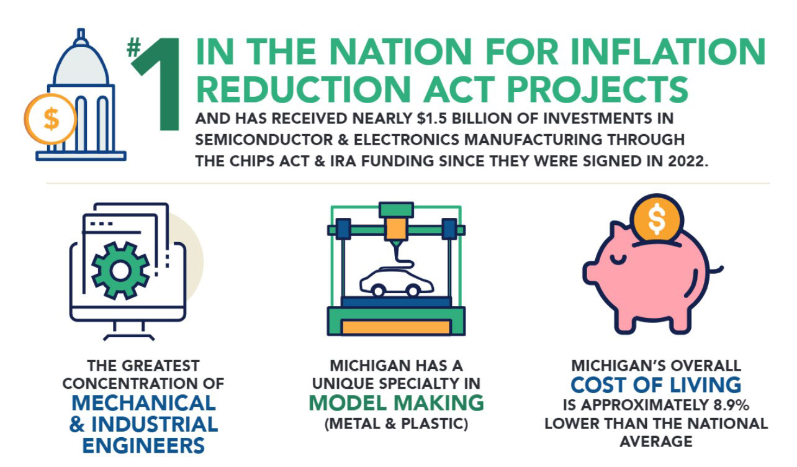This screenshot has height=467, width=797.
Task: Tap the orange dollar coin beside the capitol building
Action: [x=50, y=119]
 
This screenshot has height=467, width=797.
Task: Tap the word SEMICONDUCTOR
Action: [x=264, y=140]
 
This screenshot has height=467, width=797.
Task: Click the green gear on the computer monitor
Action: [x=120, y=271]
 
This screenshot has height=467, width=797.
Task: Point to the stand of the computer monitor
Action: [x=129, y=330]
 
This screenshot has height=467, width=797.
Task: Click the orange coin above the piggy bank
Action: [x=657, y=218]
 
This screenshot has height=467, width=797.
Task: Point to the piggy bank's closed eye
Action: [x=618, y=260]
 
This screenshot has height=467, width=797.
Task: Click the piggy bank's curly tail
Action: [x=716, y=270]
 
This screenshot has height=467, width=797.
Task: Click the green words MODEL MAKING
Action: [x=397, y=403]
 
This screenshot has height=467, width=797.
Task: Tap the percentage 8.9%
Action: [x=732, y=405]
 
